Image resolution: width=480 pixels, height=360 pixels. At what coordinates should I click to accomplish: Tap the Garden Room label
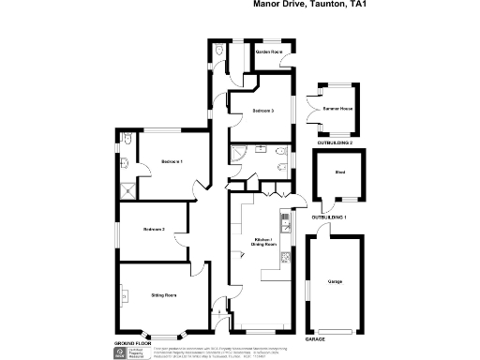click(x=269, y=52)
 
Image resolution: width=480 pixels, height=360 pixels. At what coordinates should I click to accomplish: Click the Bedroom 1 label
click(x=172, y=162)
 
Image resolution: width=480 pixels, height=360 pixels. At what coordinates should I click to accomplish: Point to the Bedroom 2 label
click(x=154, y=229)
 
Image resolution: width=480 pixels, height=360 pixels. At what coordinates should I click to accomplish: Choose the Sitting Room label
click(x=163, y=294)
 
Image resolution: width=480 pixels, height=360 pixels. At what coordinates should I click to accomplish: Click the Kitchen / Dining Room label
click(x=263, y=243)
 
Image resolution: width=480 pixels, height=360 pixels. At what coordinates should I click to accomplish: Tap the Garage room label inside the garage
click(x=334, y=280)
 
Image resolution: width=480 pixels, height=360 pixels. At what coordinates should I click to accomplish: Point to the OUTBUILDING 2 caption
click(x=335, y=142)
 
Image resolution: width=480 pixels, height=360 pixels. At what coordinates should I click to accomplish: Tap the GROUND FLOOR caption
click(x=132, y=344)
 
